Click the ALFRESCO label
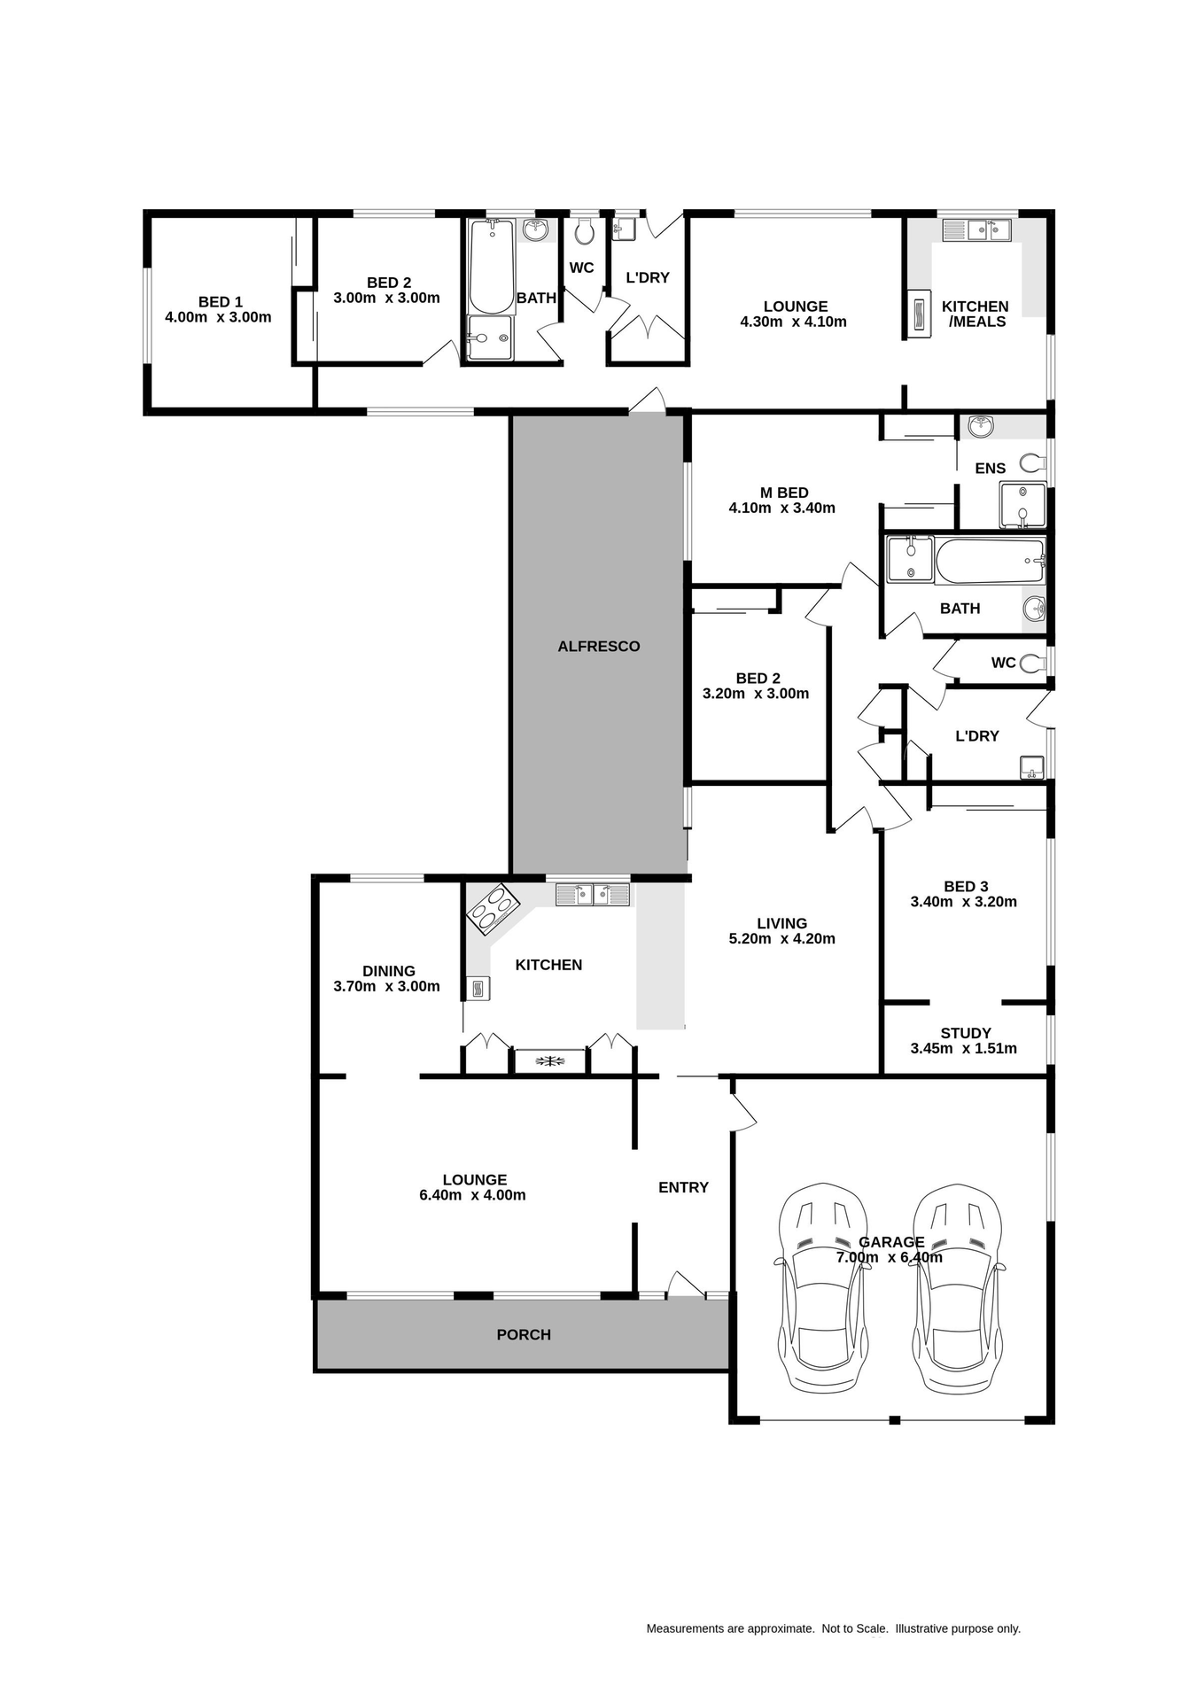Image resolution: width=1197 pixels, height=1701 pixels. coord(598,647)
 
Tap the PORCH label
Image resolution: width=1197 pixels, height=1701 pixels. coord(524,1334)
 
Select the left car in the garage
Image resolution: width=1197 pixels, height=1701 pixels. coord(822,1287)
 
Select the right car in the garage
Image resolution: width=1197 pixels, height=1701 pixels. coord(960,1287)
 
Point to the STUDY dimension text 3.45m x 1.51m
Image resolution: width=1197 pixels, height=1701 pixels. coord(963,1049)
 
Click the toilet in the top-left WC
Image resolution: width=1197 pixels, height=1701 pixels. coord(583,232)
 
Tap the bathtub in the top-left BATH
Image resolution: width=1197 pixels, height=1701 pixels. coord(492,266)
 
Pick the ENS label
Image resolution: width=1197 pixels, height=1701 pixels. coord(990,469)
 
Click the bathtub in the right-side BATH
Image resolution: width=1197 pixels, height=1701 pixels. coord(989,561)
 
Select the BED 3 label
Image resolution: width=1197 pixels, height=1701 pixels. coord(965,886)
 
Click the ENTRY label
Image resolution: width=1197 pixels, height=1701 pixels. coord(683,1187)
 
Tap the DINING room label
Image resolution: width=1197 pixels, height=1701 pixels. coord(388,971)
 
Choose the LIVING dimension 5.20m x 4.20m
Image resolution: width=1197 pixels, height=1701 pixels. coord(781,939)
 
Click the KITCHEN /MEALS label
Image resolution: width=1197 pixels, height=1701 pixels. coord(975,314)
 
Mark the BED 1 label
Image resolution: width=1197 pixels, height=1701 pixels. coord(220,302)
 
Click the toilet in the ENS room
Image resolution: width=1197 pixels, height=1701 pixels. coord(1032,462)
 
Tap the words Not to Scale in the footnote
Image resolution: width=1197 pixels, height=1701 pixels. coord(854,1628)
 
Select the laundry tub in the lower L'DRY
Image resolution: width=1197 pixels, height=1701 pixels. coord(1031,767)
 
